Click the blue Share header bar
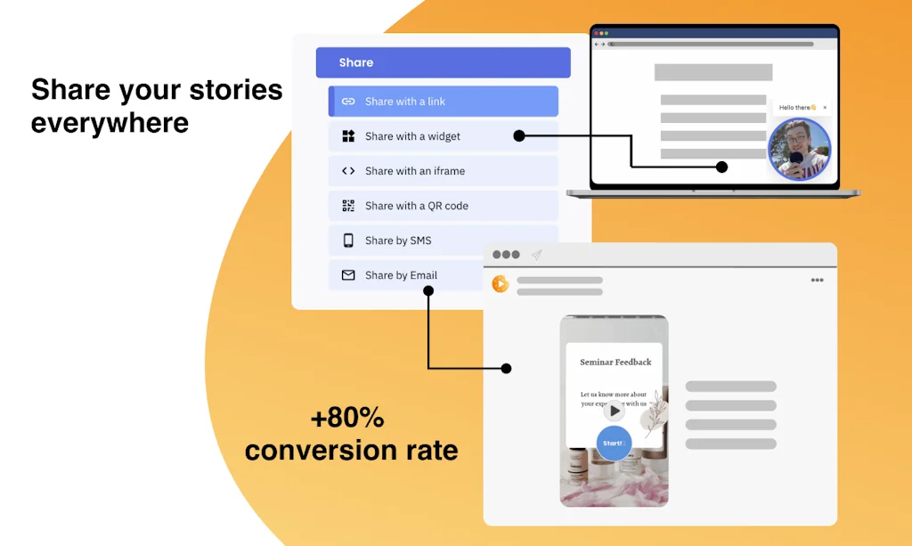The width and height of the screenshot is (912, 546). pos(443,62)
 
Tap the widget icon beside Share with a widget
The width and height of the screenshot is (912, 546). pos(348,136)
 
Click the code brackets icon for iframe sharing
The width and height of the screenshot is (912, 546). pos(348,171)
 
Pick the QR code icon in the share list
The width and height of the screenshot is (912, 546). pos(348,206)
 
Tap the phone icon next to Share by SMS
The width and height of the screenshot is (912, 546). pos(348,240)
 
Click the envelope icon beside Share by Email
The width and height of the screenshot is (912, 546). pos(348,275)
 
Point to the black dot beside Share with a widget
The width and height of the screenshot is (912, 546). pos(519,136)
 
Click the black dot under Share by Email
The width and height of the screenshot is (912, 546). pos(428,291)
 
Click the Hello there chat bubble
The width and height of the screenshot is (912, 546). pos(798,108)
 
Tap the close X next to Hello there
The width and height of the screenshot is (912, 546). pos(825,108)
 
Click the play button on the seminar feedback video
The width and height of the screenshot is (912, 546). pos(615,411)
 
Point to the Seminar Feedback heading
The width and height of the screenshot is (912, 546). pos(615,363)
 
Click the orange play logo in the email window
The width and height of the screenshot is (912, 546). pos(501,284)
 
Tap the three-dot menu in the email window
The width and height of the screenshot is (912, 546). pos(817,281)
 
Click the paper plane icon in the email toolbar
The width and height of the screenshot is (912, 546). pos(537,255)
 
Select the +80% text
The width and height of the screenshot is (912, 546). pos(347,417)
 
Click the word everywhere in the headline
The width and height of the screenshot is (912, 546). pos(110,122)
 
